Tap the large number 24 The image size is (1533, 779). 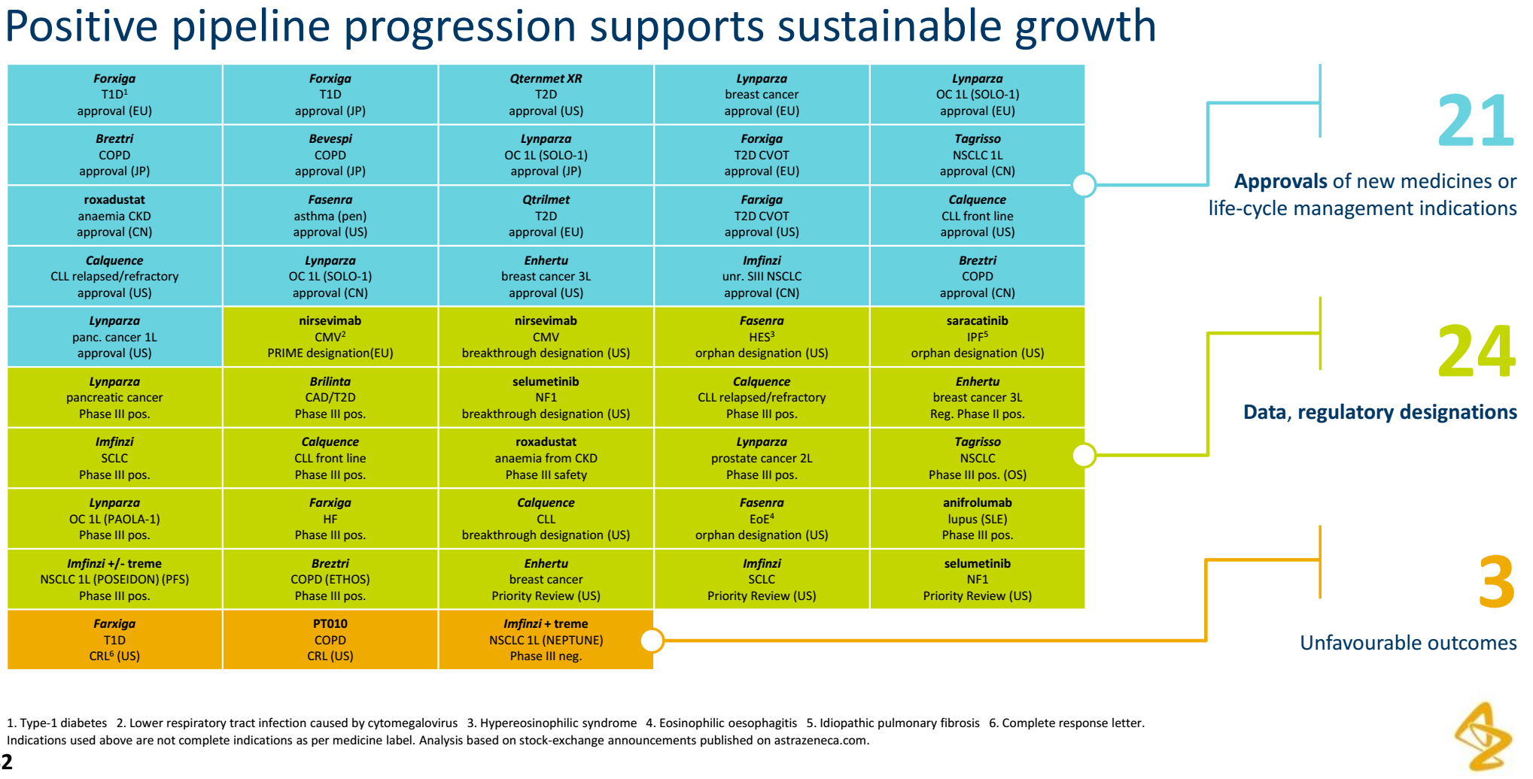tap(1476, 351)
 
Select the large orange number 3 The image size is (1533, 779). tap(1495, 582)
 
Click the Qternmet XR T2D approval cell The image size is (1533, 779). tap(546, 95)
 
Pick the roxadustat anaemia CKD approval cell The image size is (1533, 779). tap(114, 216)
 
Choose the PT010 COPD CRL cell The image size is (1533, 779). tap(330, 640)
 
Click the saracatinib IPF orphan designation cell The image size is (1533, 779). tap(977, 337)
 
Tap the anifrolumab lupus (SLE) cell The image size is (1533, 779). tap(977, 519)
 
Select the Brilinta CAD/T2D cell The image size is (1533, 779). tap(330, 398)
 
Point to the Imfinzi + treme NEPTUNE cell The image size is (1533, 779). tap(546, 640)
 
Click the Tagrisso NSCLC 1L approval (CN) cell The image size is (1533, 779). tap(977, 155)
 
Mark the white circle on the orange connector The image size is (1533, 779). tap(652, 641)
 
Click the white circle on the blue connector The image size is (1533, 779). tap(1084, 184)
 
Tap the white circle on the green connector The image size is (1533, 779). tap(1084, 455)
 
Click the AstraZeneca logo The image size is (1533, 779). tap(1483, 737)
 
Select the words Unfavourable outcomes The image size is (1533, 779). tap(1407, 643)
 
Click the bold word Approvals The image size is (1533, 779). tap(1280, 181)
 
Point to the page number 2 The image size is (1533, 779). tap(8, 761)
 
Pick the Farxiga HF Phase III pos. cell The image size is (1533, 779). tap(330, 519)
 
